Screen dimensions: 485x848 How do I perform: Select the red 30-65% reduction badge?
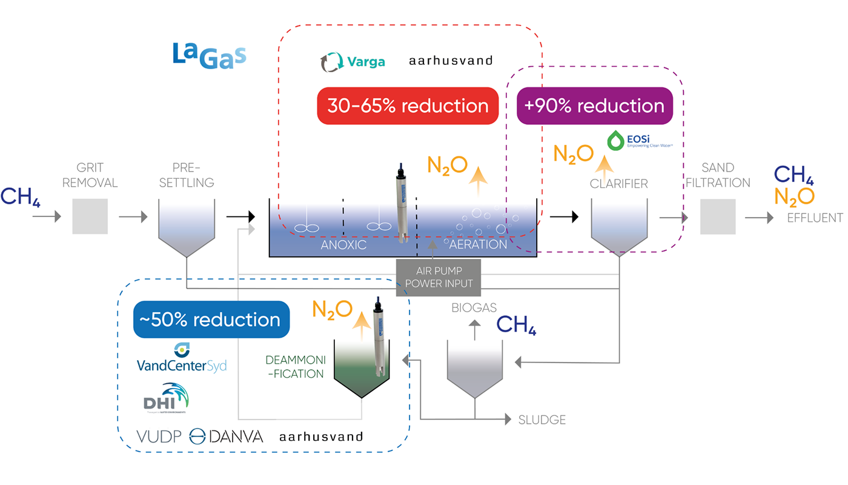408,105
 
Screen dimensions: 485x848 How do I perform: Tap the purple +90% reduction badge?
594,105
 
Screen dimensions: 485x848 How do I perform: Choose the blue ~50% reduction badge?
211,319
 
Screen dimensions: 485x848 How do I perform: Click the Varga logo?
353,61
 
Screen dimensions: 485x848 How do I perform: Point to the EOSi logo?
635,141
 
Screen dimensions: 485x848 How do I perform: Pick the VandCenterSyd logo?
182,359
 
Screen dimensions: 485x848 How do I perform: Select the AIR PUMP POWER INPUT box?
439,277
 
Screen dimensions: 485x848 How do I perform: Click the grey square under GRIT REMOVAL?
90,216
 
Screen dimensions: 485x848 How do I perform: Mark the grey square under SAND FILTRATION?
718,216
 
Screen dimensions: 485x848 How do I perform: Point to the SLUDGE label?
542,420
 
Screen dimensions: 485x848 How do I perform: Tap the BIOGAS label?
474,307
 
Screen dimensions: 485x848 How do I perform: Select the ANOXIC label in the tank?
343,245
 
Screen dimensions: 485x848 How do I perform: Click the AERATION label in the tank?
478,245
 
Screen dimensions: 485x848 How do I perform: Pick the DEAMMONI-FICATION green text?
296,367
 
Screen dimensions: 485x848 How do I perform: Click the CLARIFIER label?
619,184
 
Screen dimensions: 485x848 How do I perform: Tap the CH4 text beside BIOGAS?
517,325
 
